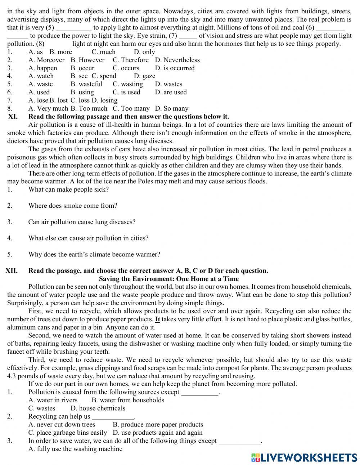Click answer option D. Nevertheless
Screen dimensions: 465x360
point(177,60)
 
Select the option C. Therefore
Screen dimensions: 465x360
point(130,60)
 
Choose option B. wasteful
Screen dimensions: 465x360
point(86,84)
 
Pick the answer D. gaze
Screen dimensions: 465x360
point(144,76)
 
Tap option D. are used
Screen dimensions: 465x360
point(171,92)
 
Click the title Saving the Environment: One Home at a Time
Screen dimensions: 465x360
point(168,279)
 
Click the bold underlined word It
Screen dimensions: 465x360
point(157,319)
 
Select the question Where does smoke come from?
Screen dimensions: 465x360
point(73,206)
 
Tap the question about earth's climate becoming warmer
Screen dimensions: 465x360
point(94,254)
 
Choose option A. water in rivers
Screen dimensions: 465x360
point(53,400)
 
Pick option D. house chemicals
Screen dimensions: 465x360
point(98,408)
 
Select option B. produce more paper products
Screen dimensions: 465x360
point(158,425)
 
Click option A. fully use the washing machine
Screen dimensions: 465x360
point(75,449)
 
